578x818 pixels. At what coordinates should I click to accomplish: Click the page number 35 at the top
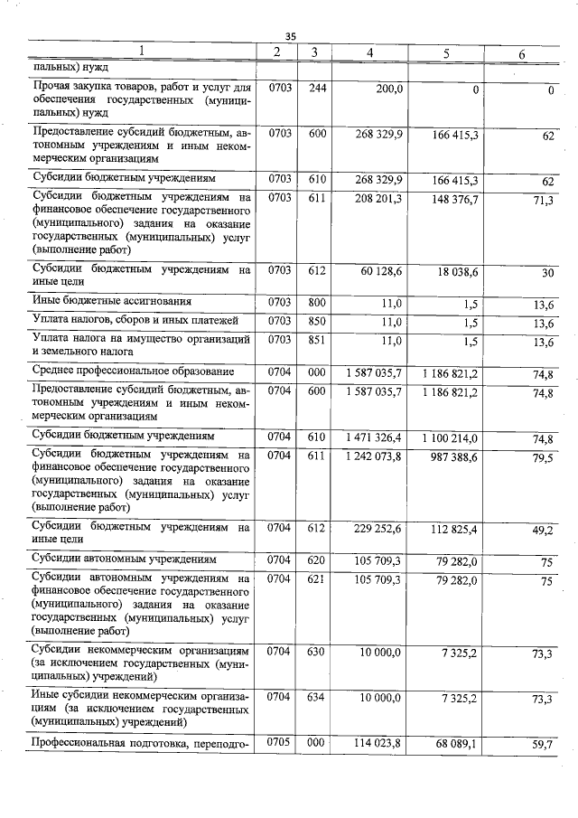click(290, 36)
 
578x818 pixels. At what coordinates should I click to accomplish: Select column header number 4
click(370, 53)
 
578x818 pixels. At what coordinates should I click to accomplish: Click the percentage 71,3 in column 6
click(542, 200)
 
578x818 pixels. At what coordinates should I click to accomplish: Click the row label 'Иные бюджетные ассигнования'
click(111, 301)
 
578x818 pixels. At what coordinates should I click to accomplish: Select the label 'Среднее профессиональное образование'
click(133, 371)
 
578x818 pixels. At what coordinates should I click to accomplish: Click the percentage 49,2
click(542, 531)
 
